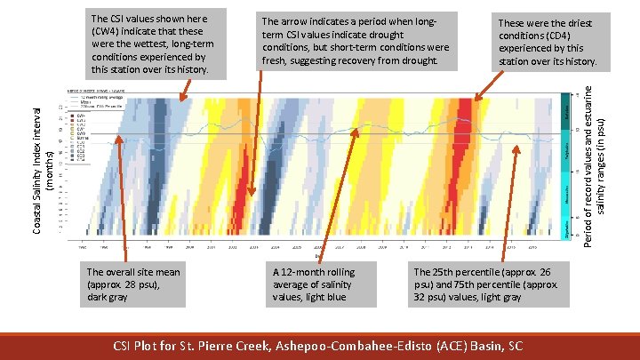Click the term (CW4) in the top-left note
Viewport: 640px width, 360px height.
(x=108, y=29)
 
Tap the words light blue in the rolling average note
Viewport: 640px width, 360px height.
(x=328, y=297)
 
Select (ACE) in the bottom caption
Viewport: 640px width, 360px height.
(x=451, y=344)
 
